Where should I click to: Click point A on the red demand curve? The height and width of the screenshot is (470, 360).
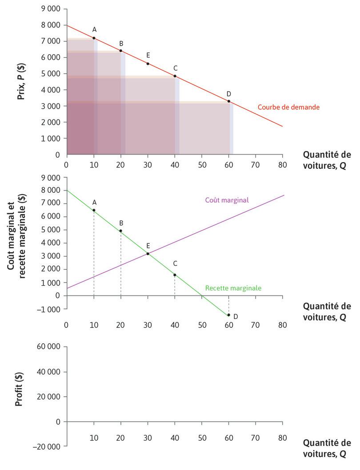click(x=94, y=38)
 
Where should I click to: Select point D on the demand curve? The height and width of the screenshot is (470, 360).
click(x=229, y=101)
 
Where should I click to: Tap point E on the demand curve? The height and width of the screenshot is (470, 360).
click(x=148, y=64)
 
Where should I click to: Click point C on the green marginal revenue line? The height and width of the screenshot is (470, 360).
click(x=175, y=275)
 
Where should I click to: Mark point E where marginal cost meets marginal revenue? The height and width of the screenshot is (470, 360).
click(x=148, y=254)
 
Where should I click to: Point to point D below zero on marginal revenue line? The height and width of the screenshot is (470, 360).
click(x=229, y=315)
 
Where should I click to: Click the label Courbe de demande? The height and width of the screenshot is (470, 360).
click(x=288, y=107)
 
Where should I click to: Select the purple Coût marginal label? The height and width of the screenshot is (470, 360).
click(x=227, y=200)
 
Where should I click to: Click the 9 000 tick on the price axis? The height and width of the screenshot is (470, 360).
click(x=52, y=9)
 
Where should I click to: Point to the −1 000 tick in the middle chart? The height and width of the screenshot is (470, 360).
click(x=50, y=309)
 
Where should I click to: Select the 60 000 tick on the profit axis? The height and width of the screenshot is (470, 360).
click(x=50, y=347)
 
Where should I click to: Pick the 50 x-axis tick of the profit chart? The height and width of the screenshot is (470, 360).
click(x=202, y=438)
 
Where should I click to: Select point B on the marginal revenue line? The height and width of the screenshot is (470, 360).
click(x=121, y=231)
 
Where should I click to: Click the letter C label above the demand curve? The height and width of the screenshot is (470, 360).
click(x=176, y=68)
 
